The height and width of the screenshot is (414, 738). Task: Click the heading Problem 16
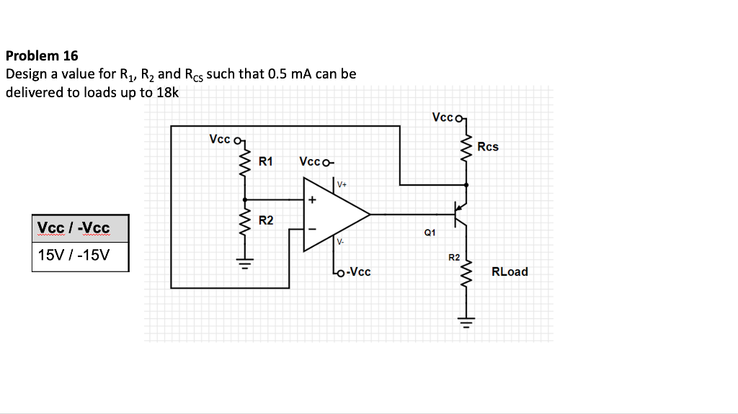[42, 55]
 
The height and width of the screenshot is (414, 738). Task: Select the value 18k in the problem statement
[167, 92]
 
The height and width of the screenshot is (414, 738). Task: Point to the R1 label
[266, 161]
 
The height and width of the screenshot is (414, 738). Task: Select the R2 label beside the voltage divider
[266, 220]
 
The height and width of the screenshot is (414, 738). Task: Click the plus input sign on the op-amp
[312, 199]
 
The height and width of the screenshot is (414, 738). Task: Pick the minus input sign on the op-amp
[312, 229]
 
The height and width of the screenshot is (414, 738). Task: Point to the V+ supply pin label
[342, 185]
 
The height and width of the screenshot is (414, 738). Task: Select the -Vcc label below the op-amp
[358, 272]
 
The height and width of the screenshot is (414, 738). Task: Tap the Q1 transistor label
[430, 233]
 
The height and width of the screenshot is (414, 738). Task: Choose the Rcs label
[488, 147]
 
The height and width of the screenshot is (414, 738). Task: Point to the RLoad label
[509, 271]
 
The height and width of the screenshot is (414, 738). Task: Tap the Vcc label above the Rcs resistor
[443, 116]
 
